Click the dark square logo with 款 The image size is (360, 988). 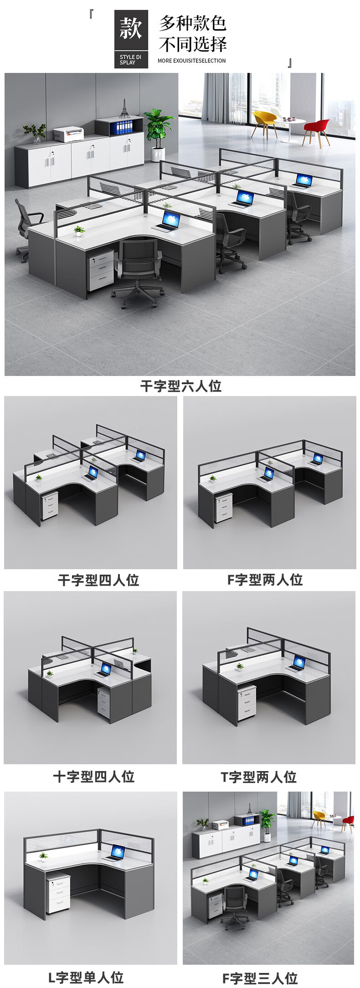(131, 39)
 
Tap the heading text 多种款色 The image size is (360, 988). (193, 23)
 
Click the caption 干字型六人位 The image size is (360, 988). (180, 386)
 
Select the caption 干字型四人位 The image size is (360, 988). (98, 580)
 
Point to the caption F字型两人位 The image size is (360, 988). (265, 580)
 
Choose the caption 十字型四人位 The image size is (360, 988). (94, 777)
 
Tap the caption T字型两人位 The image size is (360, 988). (259, 777)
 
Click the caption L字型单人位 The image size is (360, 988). (86, 978)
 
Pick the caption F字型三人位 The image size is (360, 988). (260, 978)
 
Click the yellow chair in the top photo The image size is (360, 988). (264, 121)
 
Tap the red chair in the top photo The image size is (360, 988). (317, 130)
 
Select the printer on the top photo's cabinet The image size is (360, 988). (69, 134)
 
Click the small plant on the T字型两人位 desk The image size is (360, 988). (240, 667)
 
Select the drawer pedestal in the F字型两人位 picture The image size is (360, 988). (223, 508)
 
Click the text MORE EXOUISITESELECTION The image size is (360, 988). (191, 61)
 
